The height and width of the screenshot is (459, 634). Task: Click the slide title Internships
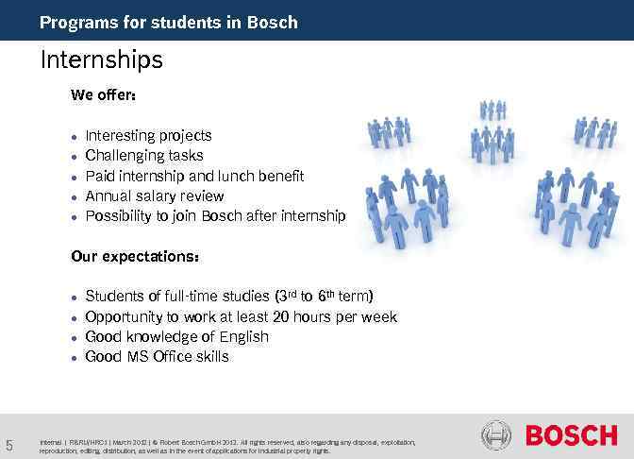[101, 60]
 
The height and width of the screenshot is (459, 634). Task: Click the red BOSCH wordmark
[571, 435]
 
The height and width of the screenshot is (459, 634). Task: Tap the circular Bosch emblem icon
[496, 435]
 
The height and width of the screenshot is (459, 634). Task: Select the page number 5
[9, 445]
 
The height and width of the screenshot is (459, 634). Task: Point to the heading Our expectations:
[135, 256]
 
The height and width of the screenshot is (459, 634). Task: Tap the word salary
[157, 196]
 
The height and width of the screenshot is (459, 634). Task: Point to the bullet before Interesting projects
[74, 137]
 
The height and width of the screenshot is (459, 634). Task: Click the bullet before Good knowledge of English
[74, 338]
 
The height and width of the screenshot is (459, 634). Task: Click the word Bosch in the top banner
[274, 22]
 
